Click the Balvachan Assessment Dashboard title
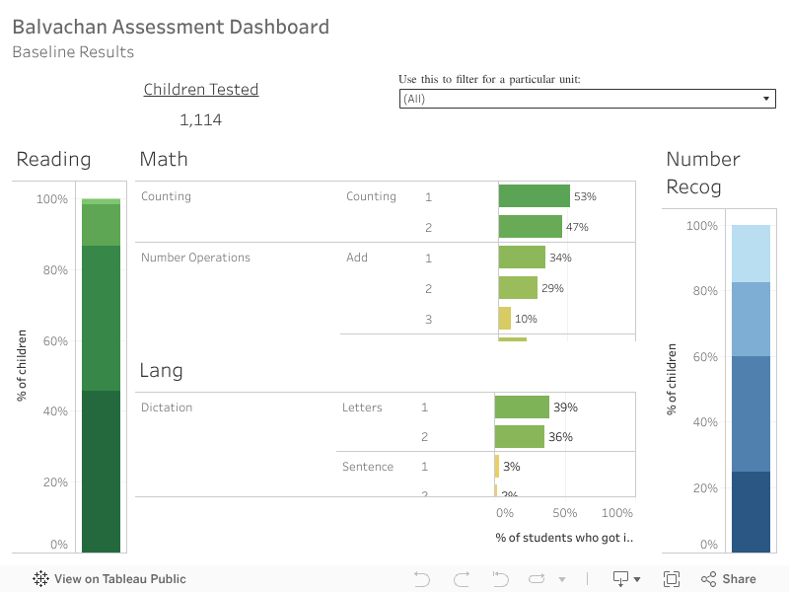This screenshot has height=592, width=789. (x=171, y=27)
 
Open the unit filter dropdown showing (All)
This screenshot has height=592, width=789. (x=587, y=99)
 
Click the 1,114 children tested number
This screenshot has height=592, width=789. (x=200, y=120)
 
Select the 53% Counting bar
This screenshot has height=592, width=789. (x=534, y=196)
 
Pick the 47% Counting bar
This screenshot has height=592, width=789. (x=530, y=227)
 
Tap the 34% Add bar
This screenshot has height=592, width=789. (x=522, y=258)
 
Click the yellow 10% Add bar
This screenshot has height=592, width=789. (x=505, y=319)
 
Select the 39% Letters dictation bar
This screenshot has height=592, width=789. (x=522, y=407)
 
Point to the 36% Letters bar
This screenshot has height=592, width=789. (x=519, y=437)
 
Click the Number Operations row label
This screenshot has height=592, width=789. (x=195, y=258)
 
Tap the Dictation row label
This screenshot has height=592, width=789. (x=167, y=407)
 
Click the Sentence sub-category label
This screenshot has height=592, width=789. (x=368, y=467)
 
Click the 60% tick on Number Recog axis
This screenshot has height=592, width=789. (x=702, y=357)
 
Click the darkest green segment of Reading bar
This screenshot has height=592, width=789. (x=101, y=472)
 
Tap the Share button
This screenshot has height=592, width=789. (x=729, y=579)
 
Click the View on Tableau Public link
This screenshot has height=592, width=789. (x=109, y=579)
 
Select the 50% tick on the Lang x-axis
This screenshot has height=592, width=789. (x=564, y=513)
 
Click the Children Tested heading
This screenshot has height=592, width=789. (x=201, y=90)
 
